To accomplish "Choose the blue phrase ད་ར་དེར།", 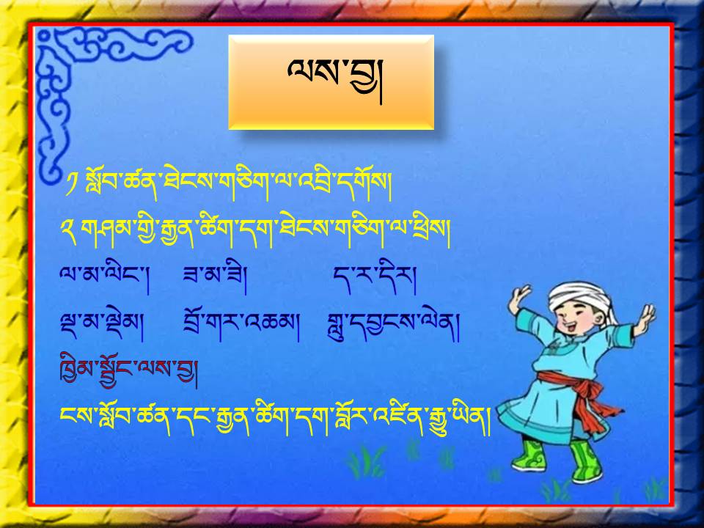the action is click(375, 276).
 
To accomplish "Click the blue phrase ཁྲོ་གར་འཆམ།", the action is click(241, 325).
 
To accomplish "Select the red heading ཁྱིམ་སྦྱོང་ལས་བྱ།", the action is click(129, 371).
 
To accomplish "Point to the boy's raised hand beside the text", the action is click(518, 299).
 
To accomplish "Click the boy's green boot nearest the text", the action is click(529, 455).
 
